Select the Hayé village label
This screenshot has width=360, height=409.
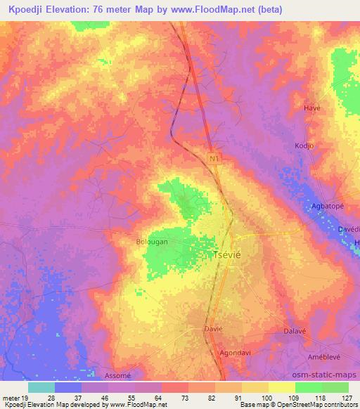(x=311, y=108)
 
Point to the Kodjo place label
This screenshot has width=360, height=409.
(x=304, y=145)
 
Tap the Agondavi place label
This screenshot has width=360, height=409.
(x=236, y=353)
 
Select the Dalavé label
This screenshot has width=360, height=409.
(x=296, y=330)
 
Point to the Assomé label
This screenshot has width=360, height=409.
(x=117, y=375)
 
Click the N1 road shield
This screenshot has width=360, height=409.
(x=214, y=160)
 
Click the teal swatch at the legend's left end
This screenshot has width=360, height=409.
(x=41, y=387)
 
